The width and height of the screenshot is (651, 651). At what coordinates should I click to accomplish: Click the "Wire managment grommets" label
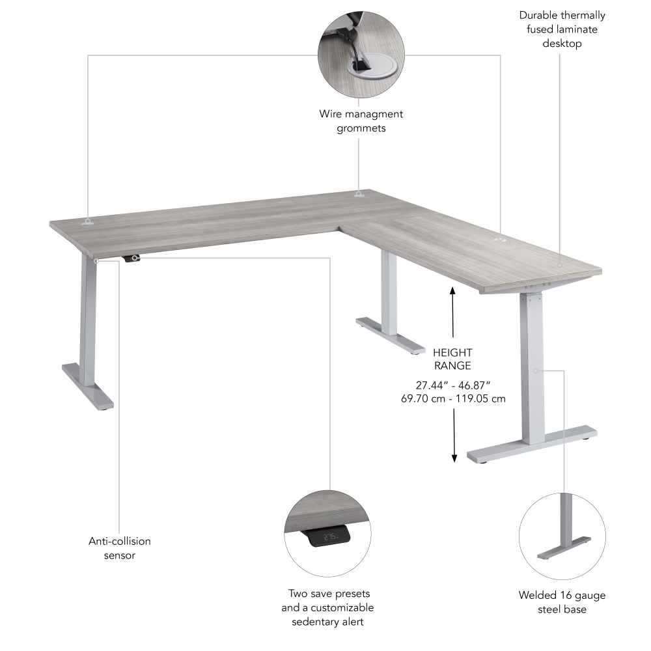[x=361, y=121]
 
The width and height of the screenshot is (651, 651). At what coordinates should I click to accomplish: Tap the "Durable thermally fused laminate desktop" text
[x=561, y=29]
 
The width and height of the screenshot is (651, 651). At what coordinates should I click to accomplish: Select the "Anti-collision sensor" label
[x=120, y=548]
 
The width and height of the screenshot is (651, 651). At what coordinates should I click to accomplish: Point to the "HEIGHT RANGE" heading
[x=452, y=359]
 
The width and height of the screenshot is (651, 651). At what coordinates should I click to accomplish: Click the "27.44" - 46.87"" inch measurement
[x=452, y=385]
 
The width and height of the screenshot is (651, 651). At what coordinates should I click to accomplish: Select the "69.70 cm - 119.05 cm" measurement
[x=452, y=398]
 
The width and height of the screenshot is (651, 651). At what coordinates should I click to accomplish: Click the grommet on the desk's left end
[x=88, y=222]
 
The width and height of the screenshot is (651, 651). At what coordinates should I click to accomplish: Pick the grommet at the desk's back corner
[x=359, y=193]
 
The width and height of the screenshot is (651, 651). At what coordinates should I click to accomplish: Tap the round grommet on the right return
[x=501, y=240]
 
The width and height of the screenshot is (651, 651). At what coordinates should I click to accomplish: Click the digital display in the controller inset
[x=330, y=537]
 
